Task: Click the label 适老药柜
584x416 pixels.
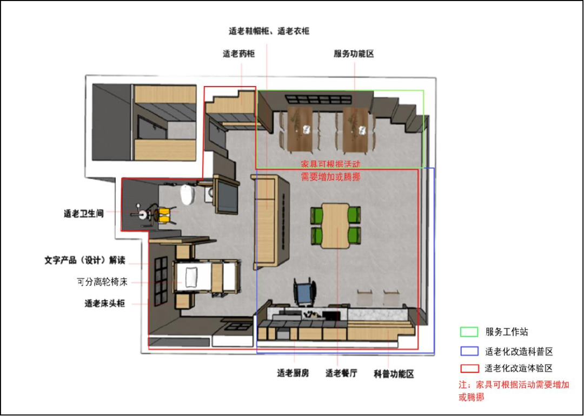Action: pos(239,54)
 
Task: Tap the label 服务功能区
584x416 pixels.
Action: pos(354,54)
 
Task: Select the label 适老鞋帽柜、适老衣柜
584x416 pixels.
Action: pos(269,31)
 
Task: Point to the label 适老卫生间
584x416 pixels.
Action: pos(84,214)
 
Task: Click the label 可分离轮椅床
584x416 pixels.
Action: pos(102,282)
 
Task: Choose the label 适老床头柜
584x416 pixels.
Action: pos(105,303)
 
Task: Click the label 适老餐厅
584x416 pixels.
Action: pos(341,373)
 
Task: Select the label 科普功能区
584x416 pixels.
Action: pos(394,374)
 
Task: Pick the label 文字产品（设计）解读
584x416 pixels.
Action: pos(85,260)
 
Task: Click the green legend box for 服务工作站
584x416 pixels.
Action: pos(469,332)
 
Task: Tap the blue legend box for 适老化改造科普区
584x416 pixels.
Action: pos(469,351)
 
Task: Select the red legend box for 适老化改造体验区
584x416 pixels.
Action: pos(469,368)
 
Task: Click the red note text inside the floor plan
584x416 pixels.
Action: pos(330,170)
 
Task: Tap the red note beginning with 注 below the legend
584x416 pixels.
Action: pos(514,391)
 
